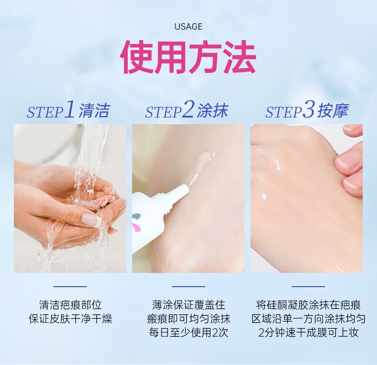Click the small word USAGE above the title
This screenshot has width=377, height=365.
[188, 26]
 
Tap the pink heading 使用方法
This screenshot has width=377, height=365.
[188, 57]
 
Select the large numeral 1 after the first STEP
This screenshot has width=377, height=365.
[69, 109]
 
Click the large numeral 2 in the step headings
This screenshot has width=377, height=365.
[188, 109]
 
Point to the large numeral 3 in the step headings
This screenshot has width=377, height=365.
[308, 109]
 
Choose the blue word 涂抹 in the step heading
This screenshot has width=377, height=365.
[212, 111]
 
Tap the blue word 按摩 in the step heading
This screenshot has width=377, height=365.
[333, 111]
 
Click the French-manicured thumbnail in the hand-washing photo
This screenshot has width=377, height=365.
[91, 219]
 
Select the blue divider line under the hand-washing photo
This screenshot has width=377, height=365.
[70, 287]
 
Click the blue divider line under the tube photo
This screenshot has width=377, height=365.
[188, 287]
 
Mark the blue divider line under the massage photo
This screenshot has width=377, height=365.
[308, 287]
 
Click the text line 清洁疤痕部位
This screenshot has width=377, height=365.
[70, 305]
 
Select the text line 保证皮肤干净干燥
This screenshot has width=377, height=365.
[70, 319]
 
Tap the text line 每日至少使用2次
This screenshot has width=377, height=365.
[188, 333]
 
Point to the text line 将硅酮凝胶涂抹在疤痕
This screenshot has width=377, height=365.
[308, 305]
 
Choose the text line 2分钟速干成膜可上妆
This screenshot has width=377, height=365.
[308, 333]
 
